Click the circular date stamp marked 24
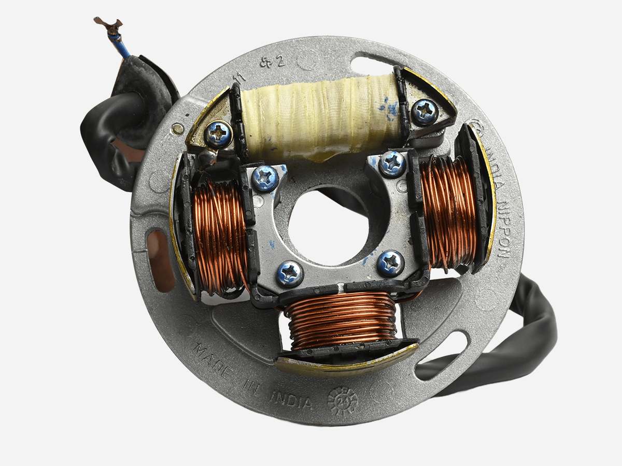[x=343, y=399]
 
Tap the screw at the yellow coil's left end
[x=218, y=134]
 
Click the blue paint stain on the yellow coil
[x=390, y=106]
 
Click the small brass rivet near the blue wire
[x=178, y=126]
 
